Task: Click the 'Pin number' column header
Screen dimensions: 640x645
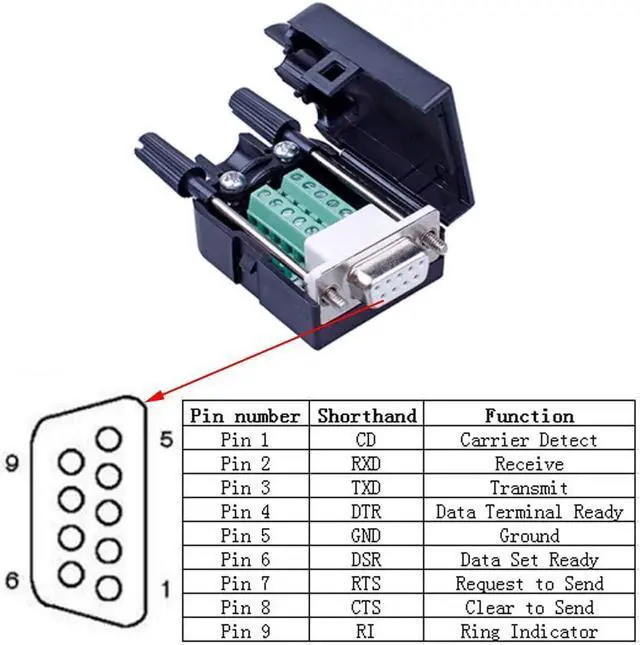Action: tap(245, 416)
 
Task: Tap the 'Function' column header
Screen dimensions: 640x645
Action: tap(529, 416)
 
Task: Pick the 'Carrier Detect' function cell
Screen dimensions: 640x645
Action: tap(529, 440)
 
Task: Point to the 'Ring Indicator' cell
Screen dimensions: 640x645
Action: tap(529, 632)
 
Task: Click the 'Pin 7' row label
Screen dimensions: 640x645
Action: tap(245, 584)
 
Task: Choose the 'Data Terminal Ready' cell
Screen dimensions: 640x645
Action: tap(529, 512)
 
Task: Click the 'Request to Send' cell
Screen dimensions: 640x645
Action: tap(529, 584)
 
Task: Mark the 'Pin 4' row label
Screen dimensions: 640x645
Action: tap(245, 512)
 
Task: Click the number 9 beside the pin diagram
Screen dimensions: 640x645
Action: tap(12, 464)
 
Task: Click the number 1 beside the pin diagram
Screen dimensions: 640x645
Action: tap(166, 589)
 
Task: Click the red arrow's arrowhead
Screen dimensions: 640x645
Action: tap(153, 397)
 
